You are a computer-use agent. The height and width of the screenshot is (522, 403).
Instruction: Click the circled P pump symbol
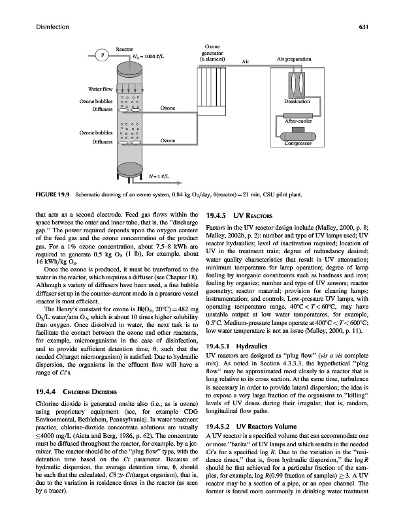pyautogui.click(x=101, y=55)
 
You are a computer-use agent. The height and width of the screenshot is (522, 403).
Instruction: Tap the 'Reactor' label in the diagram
pyautogui.click(x=125, y=50)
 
